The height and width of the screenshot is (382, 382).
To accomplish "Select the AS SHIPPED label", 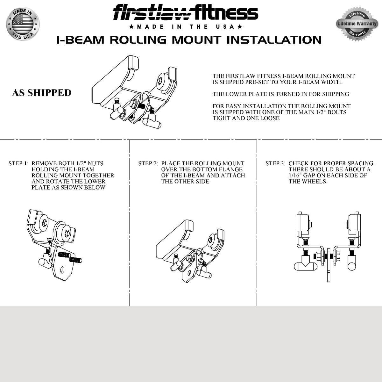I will [42, 93].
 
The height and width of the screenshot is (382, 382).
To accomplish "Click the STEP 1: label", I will [18, 163].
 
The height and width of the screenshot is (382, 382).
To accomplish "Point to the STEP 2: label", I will [148, 163].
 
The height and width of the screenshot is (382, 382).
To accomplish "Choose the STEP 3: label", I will [275, 163].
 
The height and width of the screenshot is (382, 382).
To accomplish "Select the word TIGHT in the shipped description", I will [221, 118].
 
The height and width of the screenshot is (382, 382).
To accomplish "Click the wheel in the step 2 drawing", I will [211, 240].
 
